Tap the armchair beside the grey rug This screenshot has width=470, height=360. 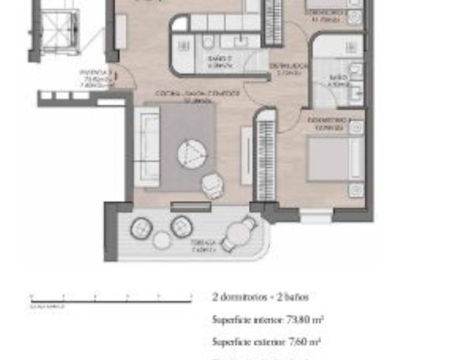coord(211,185)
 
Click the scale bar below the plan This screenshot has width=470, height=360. coord(110,299)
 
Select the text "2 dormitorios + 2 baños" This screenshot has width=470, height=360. coord(260,297)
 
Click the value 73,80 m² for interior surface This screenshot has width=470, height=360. coord(306,319)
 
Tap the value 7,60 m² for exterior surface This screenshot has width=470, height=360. coord(303,341)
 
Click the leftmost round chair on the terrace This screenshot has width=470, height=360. coord(142,229)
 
